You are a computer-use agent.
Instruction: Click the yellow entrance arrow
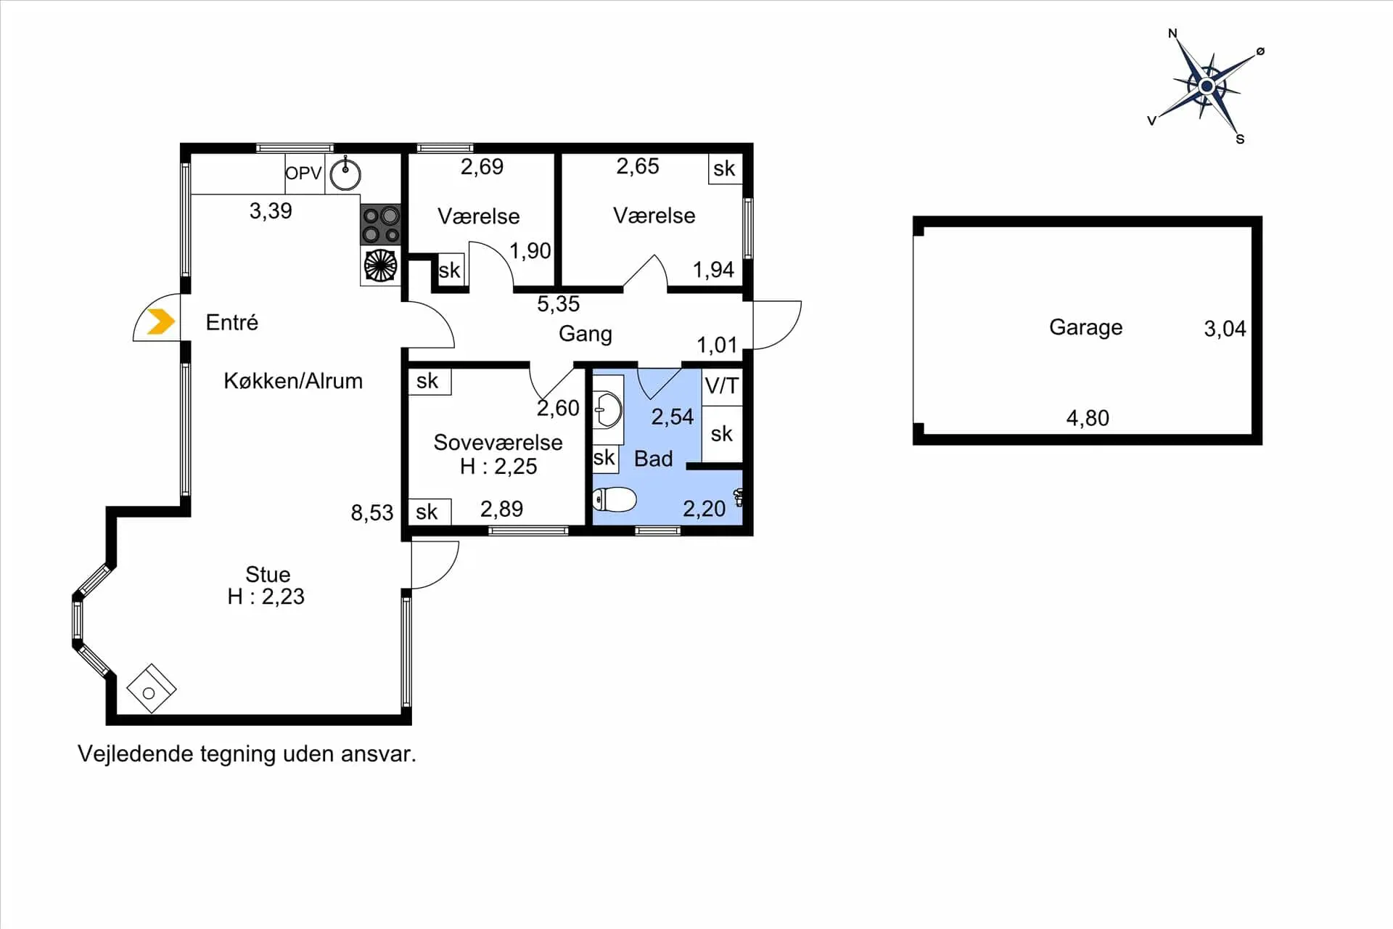[161, 321]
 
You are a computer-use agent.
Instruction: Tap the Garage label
[1085, 327]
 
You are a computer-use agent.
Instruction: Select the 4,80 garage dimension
[1088, 418]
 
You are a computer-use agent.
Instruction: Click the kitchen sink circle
[345, 174]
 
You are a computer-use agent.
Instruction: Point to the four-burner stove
[381, 224]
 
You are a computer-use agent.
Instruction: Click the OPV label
[303, 173]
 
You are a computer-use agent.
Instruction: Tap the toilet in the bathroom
[615, 499]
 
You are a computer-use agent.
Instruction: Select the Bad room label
[653, 459]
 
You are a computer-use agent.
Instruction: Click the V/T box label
[722, 386]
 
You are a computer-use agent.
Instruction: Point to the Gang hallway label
[585, 334]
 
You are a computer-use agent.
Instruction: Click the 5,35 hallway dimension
[559, 303]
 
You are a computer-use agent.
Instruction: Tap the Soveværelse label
[498, 442]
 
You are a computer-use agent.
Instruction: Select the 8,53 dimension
[372, 513]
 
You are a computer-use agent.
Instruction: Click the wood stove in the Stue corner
[151, 689]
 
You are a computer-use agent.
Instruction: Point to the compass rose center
[1207, 86]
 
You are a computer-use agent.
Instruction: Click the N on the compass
[1172, 33]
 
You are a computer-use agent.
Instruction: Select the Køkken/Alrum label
[293, 381]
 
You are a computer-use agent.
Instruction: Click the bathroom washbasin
[608, 410]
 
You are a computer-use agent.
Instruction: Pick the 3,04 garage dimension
[1225, 329]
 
